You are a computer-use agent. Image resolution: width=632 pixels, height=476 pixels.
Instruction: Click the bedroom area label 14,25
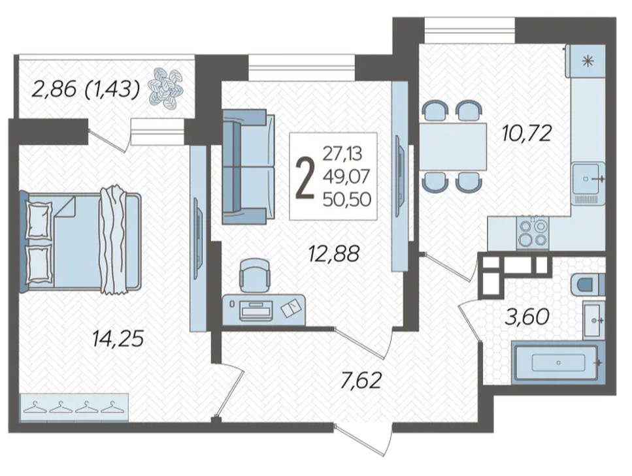tap(118, 339)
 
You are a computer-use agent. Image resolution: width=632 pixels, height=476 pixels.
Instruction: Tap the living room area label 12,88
tap(333, 254)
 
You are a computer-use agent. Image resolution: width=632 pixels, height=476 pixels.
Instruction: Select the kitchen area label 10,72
tap(526, 133)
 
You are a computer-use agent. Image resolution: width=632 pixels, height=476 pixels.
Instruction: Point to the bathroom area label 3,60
tap(527, 317)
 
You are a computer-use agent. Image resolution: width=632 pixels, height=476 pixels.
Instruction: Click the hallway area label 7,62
tap(361, 381)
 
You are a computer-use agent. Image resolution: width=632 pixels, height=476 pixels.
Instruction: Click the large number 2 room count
tap(305, 178)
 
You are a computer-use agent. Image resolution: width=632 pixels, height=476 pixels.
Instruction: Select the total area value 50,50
tap(346, 199)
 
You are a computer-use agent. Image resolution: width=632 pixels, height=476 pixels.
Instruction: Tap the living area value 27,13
tap(342, 153)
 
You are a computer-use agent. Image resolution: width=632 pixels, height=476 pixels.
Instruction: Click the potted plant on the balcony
tap(165, 89)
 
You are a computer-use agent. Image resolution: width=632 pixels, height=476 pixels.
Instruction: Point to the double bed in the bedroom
tap(80, 240)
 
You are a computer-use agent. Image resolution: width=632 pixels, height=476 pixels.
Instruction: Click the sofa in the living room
tap(248, 167)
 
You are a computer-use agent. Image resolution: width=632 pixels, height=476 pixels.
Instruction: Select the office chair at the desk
tap(255, 275)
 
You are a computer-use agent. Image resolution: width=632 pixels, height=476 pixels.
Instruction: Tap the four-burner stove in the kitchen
tap(533, 233)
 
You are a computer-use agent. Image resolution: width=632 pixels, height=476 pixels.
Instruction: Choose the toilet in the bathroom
tap(588, 284)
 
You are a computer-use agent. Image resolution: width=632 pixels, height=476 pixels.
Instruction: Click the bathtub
tap(558, 362)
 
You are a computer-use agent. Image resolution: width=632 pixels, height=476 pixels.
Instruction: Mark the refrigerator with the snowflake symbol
tap(588, 61)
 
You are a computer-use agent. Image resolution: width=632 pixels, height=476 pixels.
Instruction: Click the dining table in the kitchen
tap(453, 146)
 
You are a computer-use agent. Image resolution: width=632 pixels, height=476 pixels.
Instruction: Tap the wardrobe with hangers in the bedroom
tap(74, 407)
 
